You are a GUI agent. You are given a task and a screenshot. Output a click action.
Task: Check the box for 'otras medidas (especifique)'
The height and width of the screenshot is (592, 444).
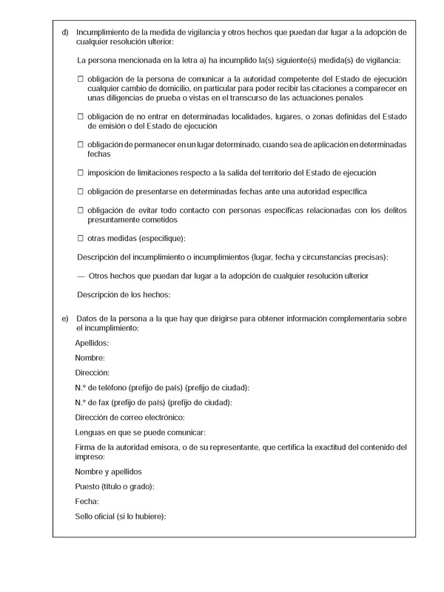pyautogui.click(x=81, y=238)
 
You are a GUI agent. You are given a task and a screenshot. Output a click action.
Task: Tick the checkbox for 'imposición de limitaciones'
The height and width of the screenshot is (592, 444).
pyautogui.click(x=81, y=173)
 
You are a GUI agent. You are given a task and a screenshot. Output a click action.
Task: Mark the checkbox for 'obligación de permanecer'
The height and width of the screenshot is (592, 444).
pyautogui.click(x=81, y=144)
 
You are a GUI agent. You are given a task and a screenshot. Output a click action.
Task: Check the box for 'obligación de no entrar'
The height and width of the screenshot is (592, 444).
pyautogui.click(x=81, y=117)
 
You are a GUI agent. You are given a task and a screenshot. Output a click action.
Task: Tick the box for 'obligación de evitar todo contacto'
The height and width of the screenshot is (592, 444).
pyautogui.click(x=81, y=211)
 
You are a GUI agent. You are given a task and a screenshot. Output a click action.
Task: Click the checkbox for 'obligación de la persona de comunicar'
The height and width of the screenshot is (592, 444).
pyautogui.click(x=81, y=78)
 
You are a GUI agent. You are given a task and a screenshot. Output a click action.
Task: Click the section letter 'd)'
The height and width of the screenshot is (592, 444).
pyautogui.click(x=65, y=33)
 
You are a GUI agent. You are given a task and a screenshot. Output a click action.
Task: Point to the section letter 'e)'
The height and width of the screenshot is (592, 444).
pyautogui.click(x=65, y=318)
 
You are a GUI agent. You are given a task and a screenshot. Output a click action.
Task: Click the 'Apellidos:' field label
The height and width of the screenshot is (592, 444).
pyautogui.click(x=92, y=344)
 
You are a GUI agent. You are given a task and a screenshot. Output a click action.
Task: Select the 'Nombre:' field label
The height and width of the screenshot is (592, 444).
pyautogui.click(x=90, y=358)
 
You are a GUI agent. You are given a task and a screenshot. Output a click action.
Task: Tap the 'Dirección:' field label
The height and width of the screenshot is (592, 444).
pyautogui.click(x=92, y=373)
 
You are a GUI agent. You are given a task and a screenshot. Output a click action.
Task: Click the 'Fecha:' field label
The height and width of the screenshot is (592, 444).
pyautogui.click(x=87, y=501)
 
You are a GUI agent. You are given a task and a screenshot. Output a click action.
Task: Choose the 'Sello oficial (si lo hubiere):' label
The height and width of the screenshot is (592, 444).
pyautogui.click(x=121, y=516)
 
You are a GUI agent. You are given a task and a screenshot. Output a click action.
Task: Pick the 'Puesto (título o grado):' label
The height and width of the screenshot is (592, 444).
pyautogui.click(x=115, y=486)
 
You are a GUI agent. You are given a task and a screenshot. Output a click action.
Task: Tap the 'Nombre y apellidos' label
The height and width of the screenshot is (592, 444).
pyautogui.click(x=109, y=472)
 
